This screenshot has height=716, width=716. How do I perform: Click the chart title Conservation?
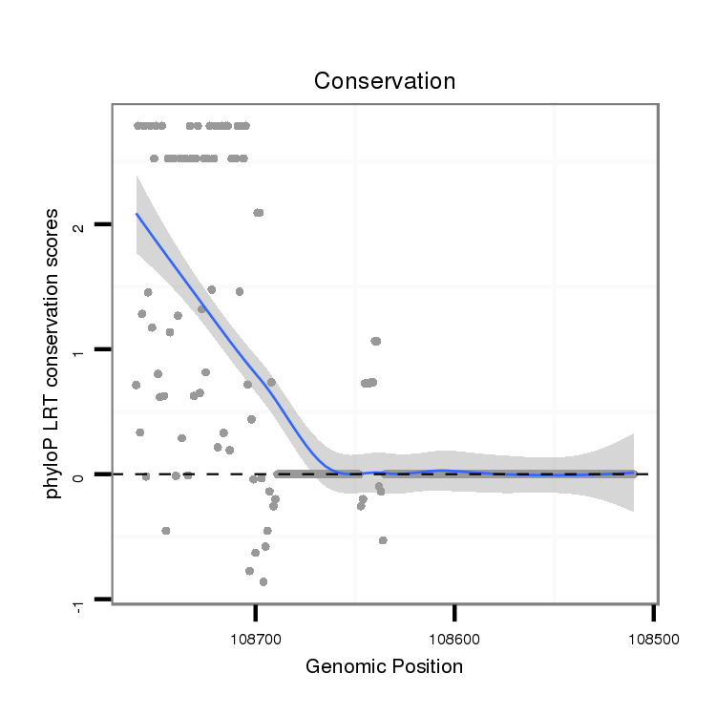[x=385, y=82]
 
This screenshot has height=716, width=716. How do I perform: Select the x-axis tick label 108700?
[x=255, y=633]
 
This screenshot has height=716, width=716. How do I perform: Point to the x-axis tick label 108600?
[x=454, y=633]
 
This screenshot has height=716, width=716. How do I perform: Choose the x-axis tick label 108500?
[x=653, y=633]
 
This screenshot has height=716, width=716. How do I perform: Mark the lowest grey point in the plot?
[x=263, y=581]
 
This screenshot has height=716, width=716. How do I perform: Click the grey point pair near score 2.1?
[x=258, y=213]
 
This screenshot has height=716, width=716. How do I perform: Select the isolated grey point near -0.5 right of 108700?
[x=383, y=540]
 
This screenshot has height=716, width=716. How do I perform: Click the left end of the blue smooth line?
[x=137, y=214]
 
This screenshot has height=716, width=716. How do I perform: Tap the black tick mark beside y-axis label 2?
[x=103, y=224]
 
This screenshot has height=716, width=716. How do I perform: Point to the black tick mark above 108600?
[x=454, y=611]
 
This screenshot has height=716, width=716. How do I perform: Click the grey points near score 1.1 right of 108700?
[x=375, y=341]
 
